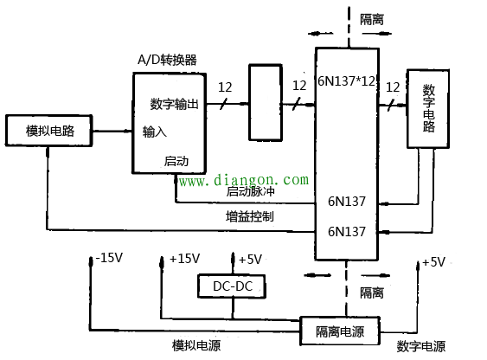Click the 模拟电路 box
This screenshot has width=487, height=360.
coord(49,131)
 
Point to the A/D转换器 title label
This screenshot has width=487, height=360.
coord(168,60)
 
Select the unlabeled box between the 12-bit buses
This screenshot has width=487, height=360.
coord(265,102)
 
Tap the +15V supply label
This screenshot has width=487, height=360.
coord(184,258)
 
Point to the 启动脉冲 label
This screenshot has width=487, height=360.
coord(249,192)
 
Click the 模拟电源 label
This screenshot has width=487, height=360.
coord(196,346)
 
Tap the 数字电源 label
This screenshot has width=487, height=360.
coord(421,346)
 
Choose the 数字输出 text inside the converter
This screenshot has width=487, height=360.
coord(175,104)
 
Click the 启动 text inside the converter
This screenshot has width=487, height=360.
coord(176,161)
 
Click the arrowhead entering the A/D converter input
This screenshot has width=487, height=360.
coord(128,132)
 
